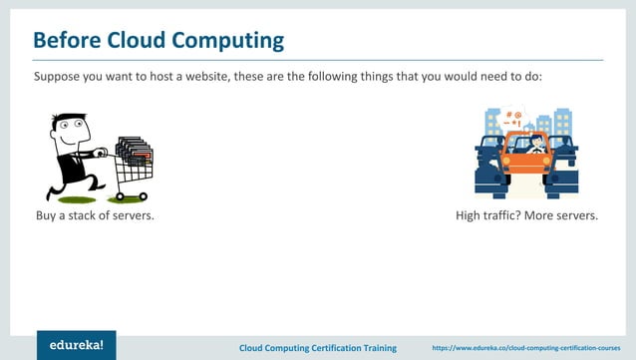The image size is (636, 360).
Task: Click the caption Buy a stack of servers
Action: [x=94, y=215]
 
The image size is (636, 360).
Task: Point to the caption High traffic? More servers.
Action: [x=526, y=215]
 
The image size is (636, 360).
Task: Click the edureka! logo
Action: [x=77, y=344]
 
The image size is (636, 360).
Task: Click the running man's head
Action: [x=67, y=128]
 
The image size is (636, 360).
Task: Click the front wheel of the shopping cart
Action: [x=144, y=196]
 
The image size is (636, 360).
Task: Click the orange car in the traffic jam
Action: [x=526, y=160]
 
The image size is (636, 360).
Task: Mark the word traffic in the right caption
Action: [x=502, y=215]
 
